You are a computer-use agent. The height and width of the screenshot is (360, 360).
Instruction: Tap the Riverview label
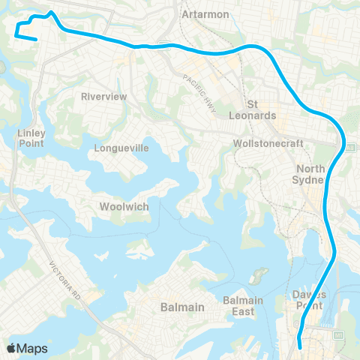pyautogui.click(x=103, y=97)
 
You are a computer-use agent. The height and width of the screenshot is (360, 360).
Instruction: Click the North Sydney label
pyautogui.click(x=310, y=174)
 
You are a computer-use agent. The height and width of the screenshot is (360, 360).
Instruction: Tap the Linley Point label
pyautogui.click(x=31, y=138)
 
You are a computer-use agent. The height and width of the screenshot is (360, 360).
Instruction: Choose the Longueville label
pyautogui.click(x=121, y=148)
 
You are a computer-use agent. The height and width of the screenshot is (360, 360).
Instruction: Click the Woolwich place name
pyautogui.click(x=123, y=206)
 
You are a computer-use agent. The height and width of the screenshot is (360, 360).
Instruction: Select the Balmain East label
pyautogui.click(x=243, y=306)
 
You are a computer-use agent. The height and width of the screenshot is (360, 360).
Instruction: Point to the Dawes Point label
pyautogui.click(x=310, y=299)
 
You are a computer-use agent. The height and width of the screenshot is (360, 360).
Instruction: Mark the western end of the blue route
pyautogui.click(x=36, y=39)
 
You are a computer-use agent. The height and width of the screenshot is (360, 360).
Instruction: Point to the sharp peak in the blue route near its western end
pyautogui.click(x=50, y=12)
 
